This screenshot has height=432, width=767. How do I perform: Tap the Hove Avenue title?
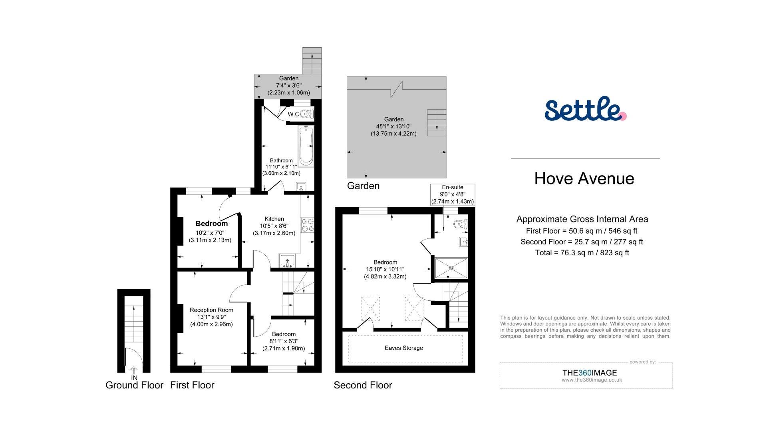[x=584, y=178]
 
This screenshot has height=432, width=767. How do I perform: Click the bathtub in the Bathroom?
[x=306, y=146]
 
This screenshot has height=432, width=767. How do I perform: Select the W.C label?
[x=294, y=114]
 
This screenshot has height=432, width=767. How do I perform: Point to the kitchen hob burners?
[x=308, y=225]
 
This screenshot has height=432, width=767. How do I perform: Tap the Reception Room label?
[x=211, y=310]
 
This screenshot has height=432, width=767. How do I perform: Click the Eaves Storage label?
[x=403, y=348]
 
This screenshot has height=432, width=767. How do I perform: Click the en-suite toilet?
[x=461, y=224]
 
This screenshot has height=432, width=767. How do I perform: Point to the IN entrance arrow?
[x=134, y=371]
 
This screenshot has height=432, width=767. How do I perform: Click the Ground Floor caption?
[x=134, y=385]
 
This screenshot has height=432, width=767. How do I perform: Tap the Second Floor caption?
[x=363, y=385]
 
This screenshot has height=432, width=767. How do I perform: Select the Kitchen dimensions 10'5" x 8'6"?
[x=274, y=226]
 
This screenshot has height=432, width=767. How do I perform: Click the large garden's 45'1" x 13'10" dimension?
[x=393, y=126]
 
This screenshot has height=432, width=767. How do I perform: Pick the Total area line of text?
[x=582, y=253]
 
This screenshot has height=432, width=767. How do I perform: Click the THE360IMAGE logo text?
[x=589, y=373]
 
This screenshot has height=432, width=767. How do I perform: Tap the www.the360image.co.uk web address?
[x=592, y=380]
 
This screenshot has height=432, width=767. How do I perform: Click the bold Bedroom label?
[x=211, y=224]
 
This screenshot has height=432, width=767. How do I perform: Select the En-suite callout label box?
[x=453, y=194]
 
